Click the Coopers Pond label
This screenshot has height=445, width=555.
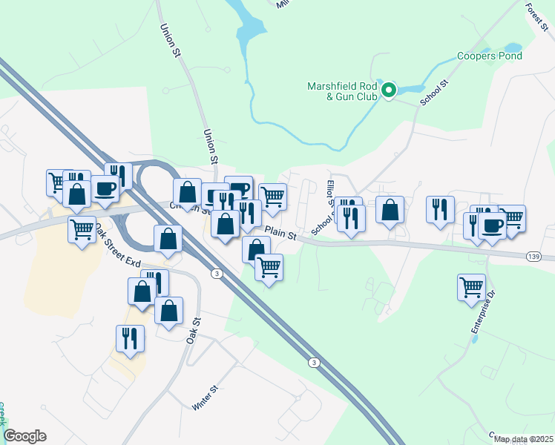489,56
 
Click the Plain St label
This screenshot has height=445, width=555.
280,234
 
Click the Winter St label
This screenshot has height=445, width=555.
205,398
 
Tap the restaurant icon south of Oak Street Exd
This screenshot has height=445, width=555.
130,337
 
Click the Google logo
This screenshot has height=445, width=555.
24,436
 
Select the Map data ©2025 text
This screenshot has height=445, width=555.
522,439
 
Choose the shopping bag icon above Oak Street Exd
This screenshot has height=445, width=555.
168,238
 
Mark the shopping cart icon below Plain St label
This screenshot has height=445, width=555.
269,266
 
